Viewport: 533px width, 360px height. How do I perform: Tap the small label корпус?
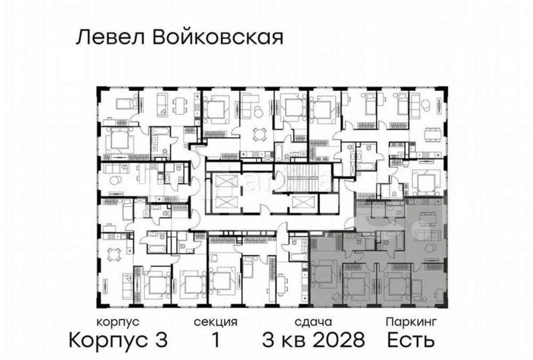coord(118,322)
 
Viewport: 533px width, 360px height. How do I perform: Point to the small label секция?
coord(215,322)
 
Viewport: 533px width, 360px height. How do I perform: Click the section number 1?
coord(215,339)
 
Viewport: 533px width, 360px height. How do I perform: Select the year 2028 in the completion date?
coord(339,339)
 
